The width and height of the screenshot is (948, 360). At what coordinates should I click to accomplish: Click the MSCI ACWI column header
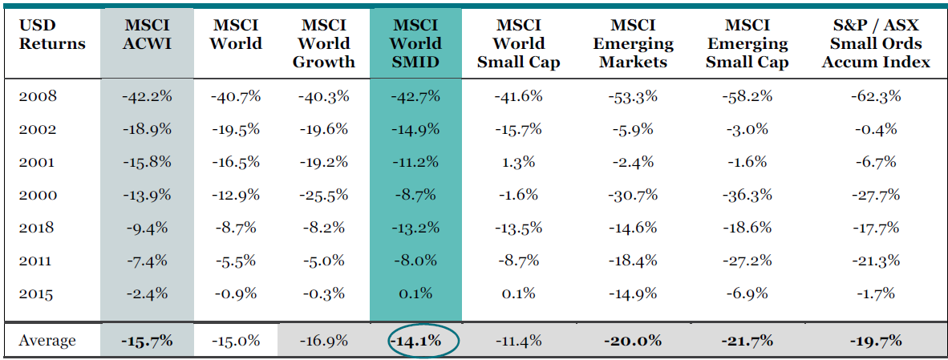(x=147, y=34)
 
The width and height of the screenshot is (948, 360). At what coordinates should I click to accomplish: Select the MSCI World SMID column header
(x=415, y=43)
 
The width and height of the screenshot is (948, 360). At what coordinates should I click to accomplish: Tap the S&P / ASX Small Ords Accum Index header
(x=876, y=43)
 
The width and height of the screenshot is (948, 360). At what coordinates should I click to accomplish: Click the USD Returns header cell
(x=52, y=34)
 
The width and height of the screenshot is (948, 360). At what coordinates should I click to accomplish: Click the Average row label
(x=47, y=341)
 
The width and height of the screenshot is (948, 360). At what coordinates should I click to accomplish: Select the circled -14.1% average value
(x=415, y=341)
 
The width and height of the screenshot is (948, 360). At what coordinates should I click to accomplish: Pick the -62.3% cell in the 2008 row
(x=876, y=96)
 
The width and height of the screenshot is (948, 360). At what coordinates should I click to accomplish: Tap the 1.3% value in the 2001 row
(x=519, y=162)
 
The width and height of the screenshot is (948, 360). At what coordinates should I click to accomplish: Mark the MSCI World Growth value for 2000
(x=323, y=195)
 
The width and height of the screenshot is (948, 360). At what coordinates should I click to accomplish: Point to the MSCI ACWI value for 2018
(x=147, y=228)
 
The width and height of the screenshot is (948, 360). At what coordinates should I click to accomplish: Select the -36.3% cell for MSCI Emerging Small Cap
(x=747, y=195)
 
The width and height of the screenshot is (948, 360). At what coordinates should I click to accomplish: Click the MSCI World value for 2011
(x=235, y=261)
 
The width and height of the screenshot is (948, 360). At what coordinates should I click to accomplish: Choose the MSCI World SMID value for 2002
(x=415, y=129)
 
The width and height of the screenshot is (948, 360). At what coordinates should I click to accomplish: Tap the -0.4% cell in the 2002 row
(x=876, y=129)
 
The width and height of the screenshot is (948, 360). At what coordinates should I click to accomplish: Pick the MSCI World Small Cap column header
(x=519, y=43)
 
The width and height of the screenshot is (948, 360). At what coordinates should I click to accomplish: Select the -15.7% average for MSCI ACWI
(x=147, y=341)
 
